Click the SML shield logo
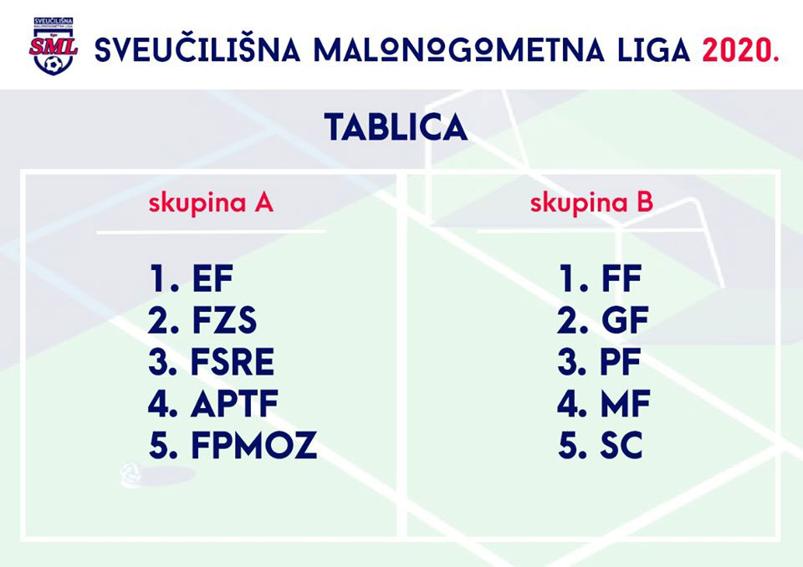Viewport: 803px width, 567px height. point(54,46)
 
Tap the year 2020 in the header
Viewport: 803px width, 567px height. point(740,50)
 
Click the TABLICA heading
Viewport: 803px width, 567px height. point(396,127)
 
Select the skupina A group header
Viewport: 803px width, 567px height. point(211,203)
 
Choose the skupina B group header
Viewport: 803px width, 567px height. point(591,202)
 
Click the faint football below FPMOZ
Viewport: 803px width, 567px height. point(130,474)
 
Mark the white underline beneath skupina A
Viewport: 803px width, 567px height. point(211,232)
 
